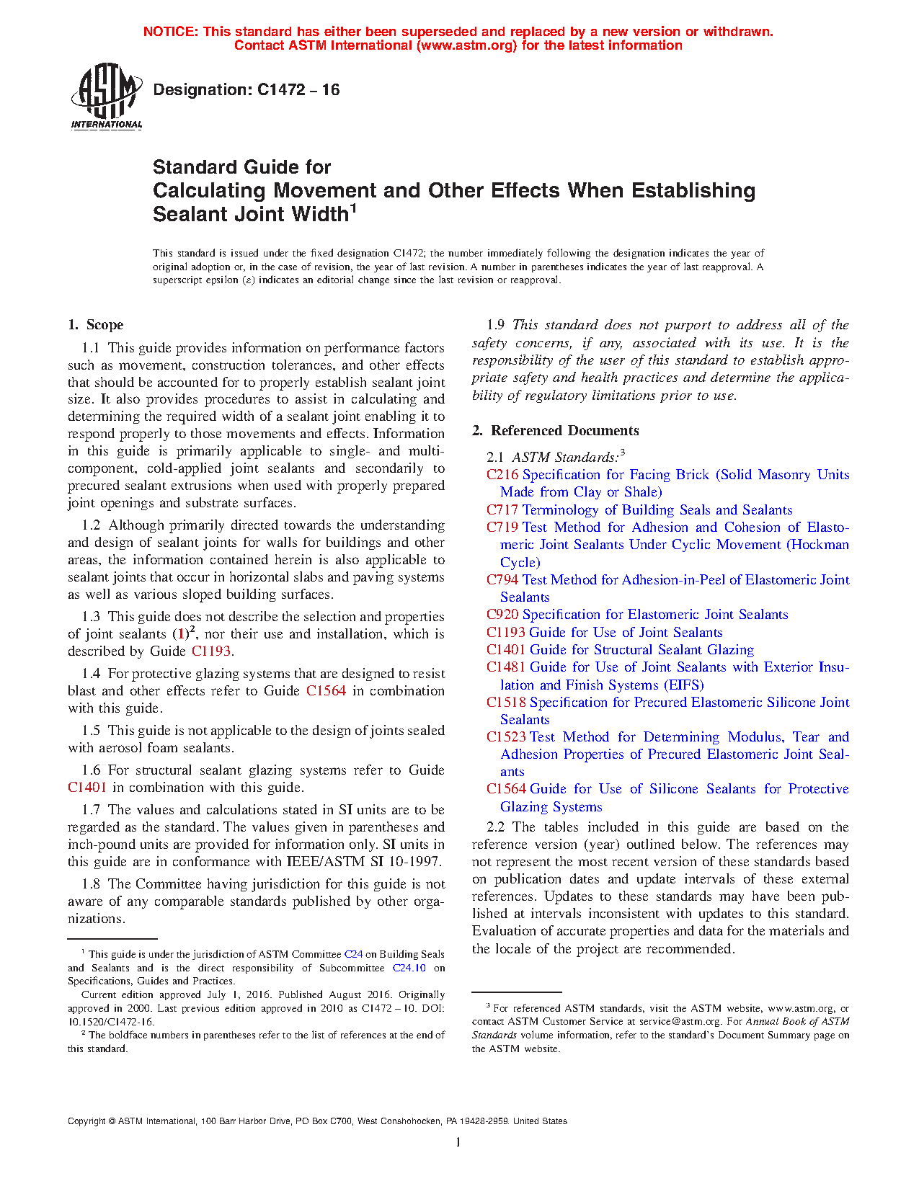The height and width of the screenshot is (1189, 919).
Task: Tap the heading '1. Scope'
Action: coord(96,325)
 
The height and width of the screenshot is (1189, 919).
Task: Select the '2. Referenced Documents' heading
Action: coord(555,431)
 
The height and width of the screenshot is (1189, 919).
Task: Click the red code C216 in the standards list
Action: coord(502,475)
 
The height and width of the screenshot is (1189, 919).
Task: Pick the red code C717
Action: coord(502,510)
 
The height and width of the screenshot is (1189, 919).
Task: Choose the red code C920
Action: coord(502,615)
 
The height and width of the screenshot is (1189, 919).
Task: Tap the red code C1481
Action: coord(506,667)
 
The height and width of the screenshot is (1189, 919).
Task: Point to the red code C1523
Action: coord(506,737)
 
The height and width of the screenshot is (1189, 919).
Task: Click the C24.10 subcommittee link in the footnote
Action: coord(409,968)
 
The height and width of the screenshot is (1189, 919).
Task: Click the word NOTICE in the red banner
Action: coord(170,32)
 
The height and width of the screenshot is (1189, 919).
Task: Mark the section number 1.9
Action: coord(495,325)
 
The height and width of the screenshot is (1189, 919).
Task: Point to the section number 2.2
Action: coord(495,827)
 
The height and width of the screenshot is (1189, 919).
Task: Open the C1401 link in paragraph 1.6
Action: coord(87,788)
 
